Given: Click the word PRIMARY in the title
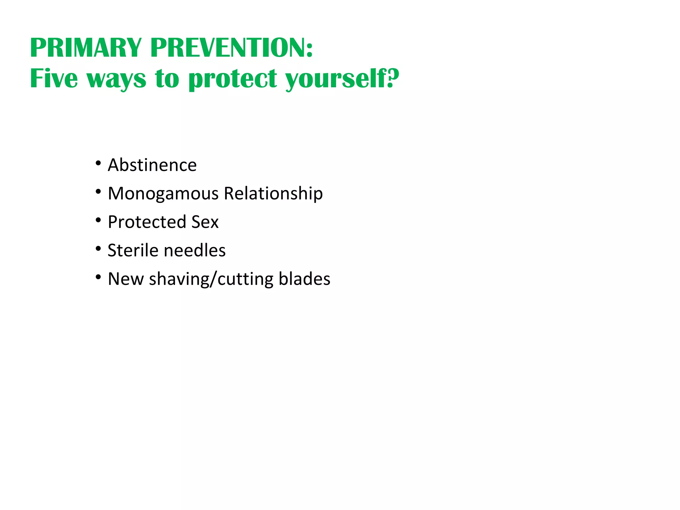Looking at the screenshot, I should tap(86, 48).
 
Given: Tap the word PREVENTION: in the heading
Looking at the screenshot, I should tap(231, 48).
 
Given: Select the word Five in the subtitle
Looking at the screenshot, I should tap(54, 78).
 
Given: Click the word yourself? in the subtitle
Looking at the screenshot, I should tap(342, 79).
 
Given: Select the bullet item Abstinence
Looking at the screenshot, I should tap(152, 165).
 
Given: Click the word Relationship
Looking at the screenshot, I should tap(273, 194).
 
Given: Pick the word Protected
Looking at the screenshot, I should tap(147, 222).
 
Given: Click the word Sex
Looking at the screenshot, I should tap(205, 222).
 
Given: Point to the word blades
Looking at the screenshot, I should tap(304, 279).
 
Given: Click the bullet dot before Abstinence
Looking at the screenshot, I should tap(98, 163).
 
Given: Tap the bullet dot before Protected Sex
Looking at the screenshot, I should tap(98, 220).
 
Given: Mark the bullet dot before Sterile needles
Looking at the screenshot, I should tap(98, 249).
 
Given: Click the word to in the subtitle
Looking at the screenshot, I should tap(167, 79).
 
